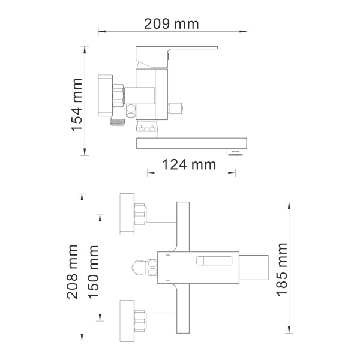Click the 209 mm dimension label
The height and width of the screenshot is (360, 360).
pyautogui.click(x=172, y=24)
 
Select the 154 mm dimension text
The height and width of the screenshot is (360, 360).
pyautogui.click(x=77, y=98)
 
